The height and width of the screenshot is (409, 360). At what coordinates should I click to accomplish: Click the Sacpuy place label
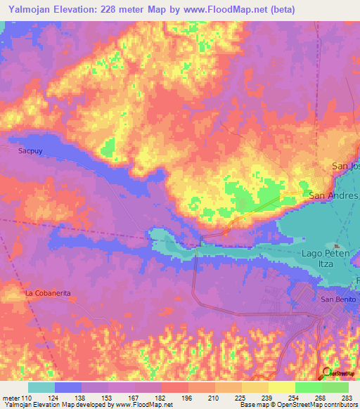(30, 150)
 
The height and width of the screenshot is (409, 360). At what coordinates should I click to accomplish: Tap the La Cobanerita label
(49, 292)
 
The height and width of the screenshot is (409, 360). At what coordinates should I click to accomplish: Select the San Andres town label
(334, 195)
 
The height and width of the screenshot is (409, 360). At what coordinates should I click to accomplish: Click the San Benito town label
(338, 299)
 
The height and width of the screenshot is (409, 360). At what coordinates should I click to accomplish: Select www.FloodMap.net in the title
(228, 9)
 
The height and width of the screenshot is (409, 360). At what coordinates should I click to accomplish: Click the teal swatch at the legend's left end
(41, 387)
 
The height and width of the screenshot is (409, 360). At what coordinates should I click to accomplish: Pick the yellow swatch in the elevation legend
(281, 387)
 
